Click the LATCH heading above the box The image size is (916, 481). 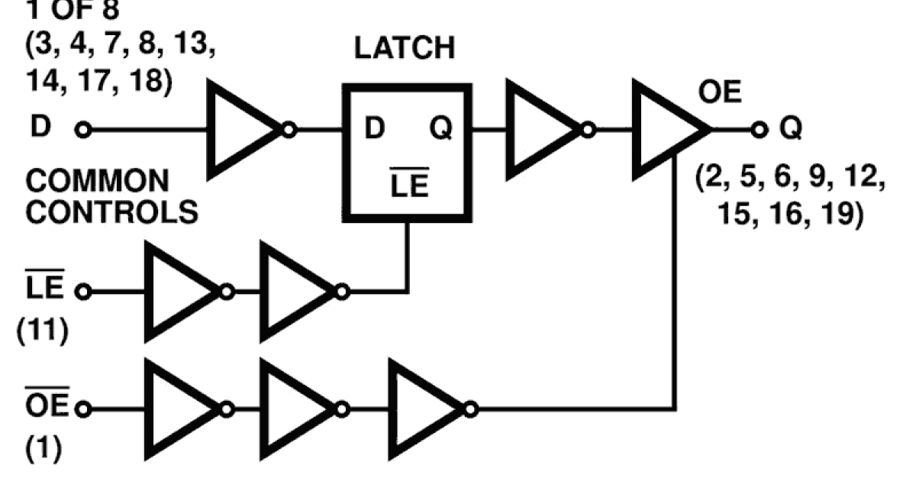pos(405,48)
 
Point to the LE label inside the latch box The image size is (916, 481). pos(409,186)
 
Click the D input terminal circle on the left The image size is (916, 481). pos(83,131)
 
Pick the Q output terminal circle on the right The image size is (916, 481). pos(757,131)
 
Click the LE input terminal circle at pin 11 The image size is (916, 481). pos(83,292)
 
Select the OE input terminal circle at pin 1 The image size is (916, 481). pos(83,410)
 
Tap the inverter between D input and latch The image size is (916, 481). pos(244,131)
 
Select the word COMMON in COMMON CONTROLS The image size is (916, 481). pos(98,182)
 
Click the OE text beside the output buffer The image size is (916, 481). pos(719,97)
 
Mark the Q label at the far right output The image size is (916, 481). pos(791,130)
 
